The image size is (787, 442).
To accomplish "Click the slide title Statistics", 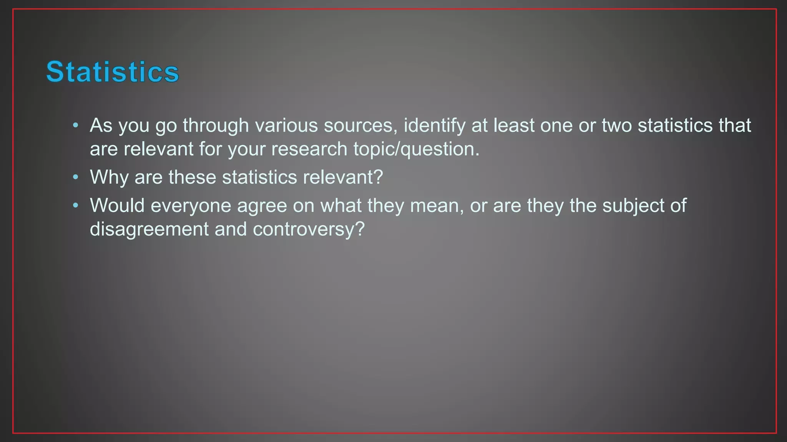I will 112,72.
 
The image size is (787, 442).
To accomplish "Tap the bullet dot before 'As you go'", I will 76,125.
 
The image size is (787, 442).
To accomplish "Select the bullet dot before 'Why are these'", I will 76,177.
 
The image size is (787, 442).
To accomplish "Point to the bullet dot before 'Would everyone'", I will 76,205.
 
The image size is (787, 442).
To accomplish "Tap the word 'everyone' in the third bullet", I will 191,206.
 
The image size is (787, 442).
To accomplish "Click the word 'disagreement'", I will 149,229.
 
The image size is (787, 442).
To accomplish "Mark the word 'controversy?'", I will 309,229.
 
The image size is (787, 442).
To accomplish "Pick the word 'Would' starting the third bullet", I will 117,206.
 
